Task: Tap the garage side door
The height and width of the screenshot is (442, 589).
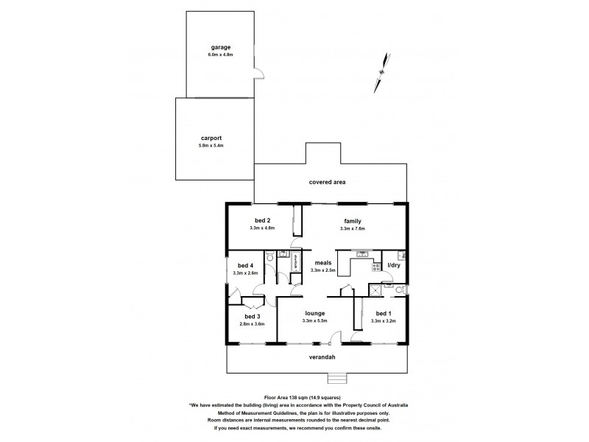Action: [257, 71]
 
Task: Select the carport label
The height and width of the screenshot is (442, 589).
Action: [211, 138]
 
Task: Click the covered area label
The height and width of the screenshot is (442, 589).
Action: [328, 181]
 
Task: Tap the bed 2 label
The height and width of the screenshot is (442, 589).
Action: [263, 221]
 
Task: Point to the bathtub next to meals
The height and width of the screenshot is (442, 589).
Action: [296, 261]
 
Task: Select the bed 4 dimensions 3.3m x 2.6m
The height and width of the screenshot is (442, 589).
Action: [245, 273]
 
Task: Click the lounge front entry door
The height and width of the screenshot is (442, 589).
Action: [335, 337]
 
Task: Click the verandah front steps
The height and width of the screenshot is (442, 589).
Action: [338, 379]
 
